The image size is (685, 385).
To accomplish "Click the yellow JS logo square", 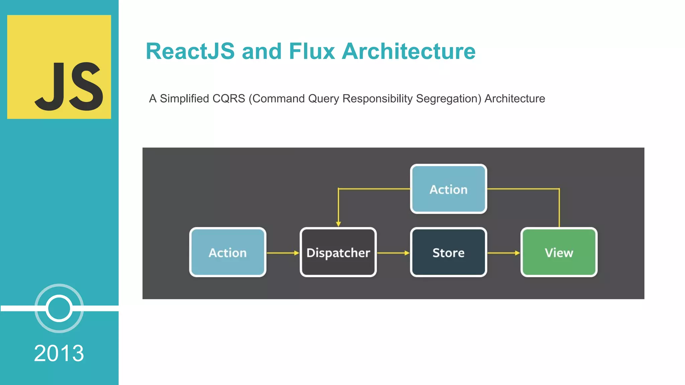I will point(59,67).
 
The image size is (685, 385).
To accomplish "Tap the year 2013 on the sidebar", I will point(59,353).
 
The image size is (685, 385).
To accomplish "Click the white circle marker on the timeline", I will point(59,308).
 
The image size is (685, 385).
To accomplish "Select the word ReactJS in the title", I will point(190,51).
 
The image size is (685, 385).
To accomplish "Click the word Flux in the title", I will point(311,51).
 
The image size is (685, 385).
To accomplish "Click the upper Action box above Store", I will point(448,189).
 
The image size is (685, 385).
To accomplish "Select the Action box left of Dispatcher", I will point(227,253).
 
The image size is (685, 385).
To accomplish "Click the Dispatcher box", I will point(338,253).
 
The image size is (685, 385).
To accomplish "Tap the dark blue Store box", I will point(448,253).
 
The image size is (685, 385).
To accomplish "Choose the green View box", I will point(559,253).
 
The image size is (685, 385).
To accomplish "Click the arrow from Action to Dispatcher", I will point(283,253).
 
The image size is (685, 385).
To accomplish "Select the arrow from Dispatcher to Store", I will point(393,253).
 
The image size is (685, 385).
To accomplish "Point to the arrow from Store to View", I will point(503,253).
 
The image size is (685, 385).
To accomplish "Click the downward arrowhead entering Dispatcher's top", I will point(338,224).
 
